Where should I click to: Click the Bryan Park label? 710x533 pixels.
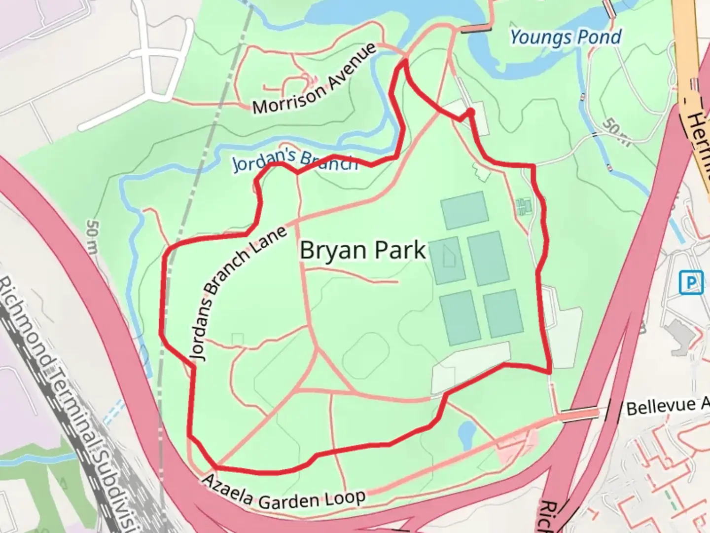pyautogui.click(x=362, y=250)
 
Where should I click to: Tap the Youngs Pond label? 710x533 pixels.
pyautogui.click(x=566, y=37)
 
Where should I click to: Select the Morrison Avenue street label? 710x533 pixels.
pyautogui.click(x=314, y=78)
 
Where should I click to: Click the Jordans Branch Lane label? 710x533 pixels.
pyautogui.click(x=238, y=293)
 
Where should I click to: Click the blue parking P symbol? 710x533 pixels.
pyautogui.click(x=691, y=282)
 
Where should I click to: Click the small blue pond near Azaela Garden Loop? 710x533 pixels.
pyautogui.click(x=466, y=433)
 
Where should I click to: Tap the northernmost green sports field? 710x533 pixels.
pyautogui.click(x=464, y=210)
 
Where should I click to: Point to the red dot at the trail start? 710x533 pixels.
pyautogui.click(x=471, y=113)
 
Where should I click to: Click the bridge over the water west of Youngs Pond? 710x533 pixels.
pyautogui.click(x=476, y=29)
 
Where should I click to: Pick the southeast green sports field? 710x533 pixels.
pyautogui.click(x=503, y=314)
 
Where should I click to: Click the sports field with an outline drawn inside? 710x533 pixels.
pyautogui.click(x=448, y=260)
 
